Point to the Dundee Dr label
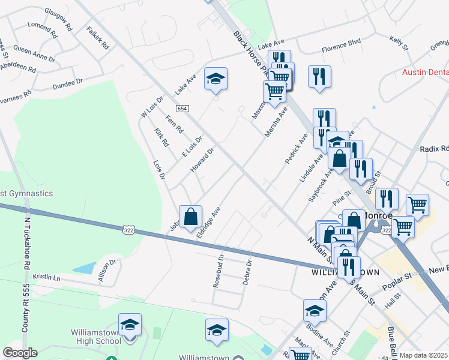click(67, 83)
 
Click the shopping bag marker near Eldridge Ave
click(190, 217)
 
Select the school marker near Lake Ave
click(215, 79)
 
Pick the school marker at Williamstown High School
click(130, 325)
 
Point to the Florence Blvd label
click(341, 43)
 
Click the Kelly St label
click(399, 43)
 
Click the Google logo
click(20, 353)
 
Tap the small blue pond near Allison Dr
click(85, 269)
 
